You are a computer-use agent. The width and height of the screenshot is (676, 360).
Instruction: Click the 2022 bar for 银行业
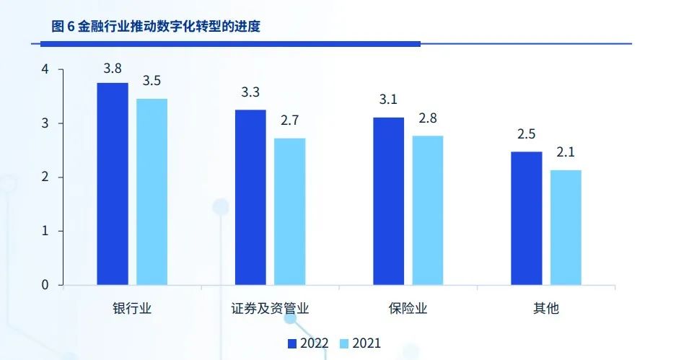click(x=113, y=184)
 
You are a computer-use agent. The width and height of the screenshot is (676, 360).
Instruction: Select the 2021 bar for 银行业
click(x=152, y=192)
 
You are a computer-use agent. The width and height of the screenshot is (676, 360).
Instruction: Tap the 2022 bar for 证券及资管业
click(x=250, y=197)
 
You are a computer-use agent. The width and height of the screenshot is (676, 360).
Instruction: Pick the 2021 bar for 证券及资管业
click(x=289, y=211)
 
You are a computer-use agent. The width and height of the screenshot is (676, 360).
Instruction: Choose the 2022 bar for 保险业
click(x=388, y=201)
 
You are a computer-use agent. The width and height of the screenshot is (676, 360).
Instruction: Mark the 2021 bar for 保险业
click(x=428, y=210)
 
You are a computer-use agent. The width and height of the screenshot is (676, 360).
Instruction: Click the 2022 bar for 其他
click(x=526, y=218)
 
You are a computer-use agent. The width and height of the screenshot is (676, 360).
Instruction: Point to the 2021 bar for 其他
click(x=566, y=227)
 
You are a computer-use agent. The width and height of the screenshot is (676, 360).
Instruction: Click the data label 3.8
click(x=113, y=69)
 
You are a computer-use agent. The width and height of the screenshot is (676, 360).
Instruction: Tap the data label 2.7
click(x=290, y=120)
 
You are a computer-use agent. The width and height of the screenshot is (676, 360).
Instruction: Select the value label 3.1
click(x=388, y=100)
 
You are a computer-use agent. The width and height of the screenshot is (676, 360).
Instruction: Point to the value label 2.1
click(x=566, y=152)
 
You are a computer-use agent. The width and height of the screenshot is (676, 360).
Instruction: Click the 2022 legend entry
click(x=314, y=344)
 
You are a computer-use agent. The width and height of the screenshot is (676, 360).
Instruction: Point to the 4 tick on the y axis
click(x=45, y=70)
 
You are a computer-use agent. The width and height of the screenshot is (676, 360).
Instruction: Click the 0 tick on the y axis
click(x=45, y=285)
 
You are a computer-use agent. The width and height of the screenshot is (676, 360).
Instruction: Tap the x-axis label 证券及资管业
click(x=270, y=309)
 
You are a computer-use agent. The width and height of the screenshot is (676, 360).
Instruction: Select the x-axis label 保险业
click(x=408, y=309)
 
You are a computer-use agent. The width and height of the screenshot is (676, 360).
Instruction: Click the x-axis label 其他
click(x=546, y=309)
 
